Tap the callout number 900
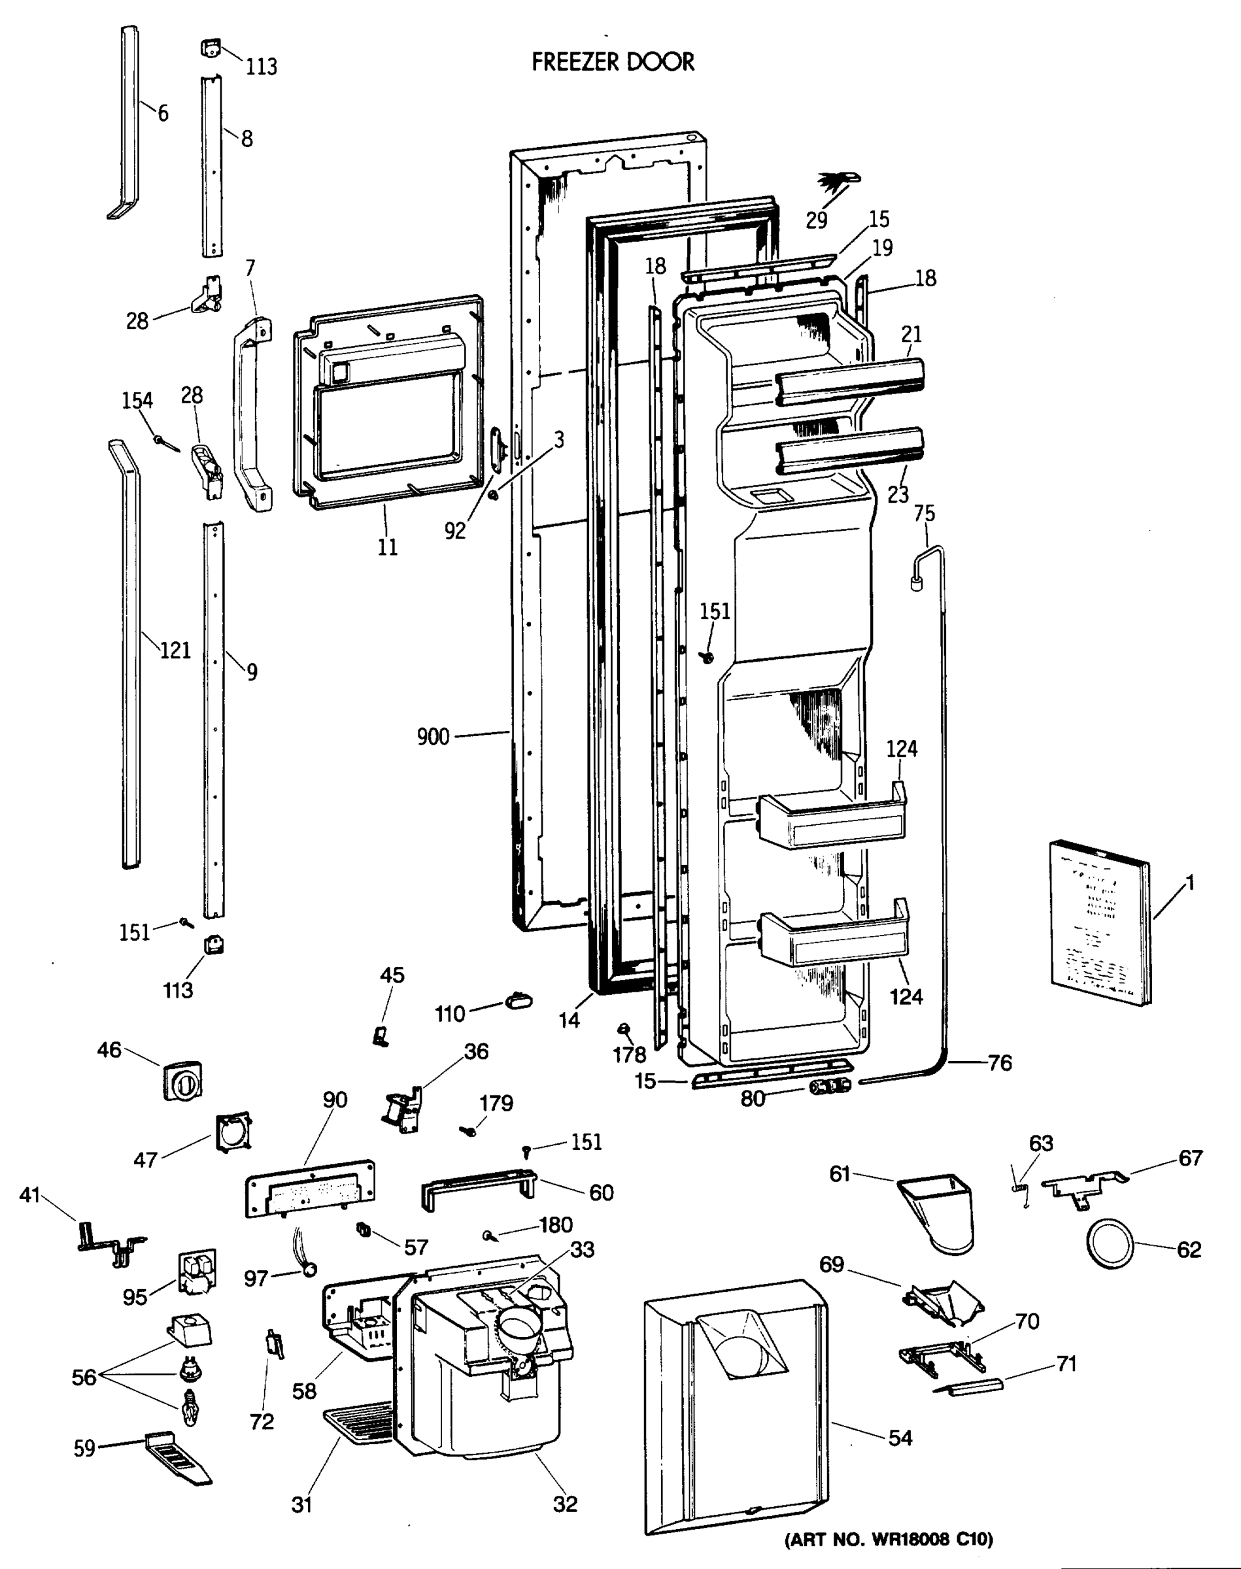coord(433,737)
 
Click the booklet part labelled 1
coord(1099,922)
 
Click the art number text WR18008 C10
coord(888,1538)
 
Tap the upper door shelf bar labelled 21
coord(849,381)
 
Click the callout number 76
coord(1000,1064)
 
